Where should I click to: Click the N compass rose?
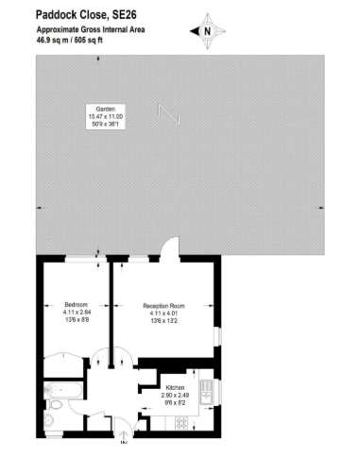(x=207, y=31)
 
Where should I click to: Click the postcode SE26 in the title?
(x=125, y=15)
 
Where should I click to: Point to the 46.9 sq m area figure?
(x=52, y=41)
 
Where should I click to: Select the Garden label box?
(x=106, y=116)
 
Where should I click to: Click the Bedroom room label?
(x=77, y=305)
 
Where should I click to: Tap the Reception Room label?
(x=163, y=306)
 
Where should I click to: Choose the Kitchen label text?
(x=175, y=388)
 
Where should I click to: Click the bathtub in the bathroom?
(x=62, y=390)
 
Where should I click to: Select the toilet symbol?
(x=54, y=405)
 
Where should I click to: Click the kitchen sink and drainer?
(x=207, y=392)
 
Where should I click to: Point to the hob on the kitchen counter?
(x=181, y=423)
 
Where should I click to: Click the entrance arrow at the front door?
(x=123, y=436)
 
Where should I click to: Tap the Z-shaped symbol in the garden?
(x=169, y=114)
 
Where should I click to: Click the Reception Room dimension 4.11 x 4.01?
(x=163, y=313)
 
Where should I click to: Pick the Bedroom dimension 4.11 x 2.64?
(x=77, y=313)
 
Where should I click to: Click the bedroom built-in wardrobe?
(x=63, y=365)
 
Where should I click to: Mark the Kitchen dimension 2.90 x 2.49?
(x=175, y=396)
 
